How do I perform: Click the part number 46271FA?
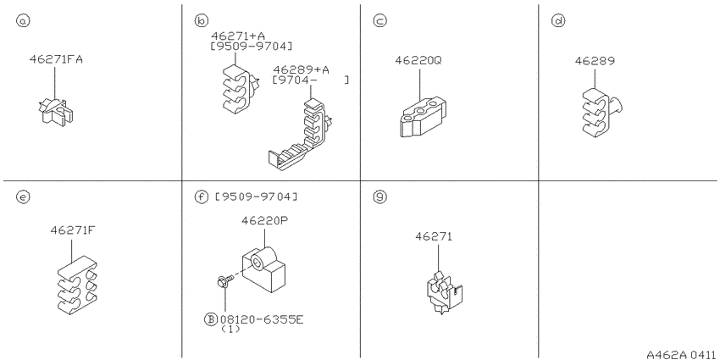point(56,59)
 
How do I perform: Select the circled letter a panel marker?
point(23,20)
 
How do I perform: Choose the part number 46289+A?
point(301,69)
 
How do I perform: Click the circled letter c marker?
point(379,20)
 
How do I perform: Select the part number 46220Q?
point(418,61)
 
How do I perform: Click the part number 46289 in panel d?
point(595,61)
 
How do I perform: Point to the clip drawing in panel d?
point(601,113)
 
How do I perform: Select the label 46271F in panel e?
point(73,230)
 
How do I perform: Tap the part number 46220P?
point(264,221)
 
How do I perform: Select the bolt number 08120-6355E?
point(262,319)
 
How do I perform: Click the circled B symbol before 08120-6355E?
point(210,319)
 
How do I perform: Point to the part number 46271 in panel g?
point(434,236)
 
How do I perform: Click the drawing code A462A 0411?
point(681,354)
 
